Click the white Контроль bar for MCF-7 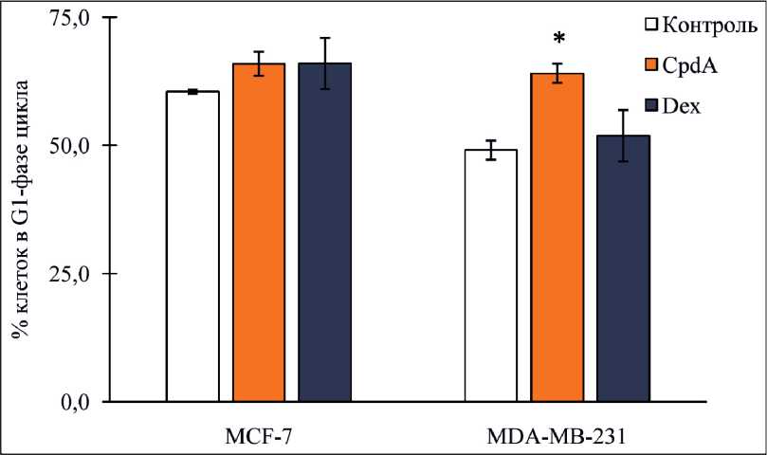192,246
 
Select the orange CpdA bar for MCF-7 259,232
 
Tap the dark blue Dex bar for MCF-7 325,232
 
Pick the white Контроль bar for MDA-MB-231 490,275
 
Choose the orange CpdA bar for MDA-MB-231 557,237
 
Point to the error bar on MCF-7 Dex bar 325,63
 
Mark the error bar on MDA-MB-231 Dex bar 623,135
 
